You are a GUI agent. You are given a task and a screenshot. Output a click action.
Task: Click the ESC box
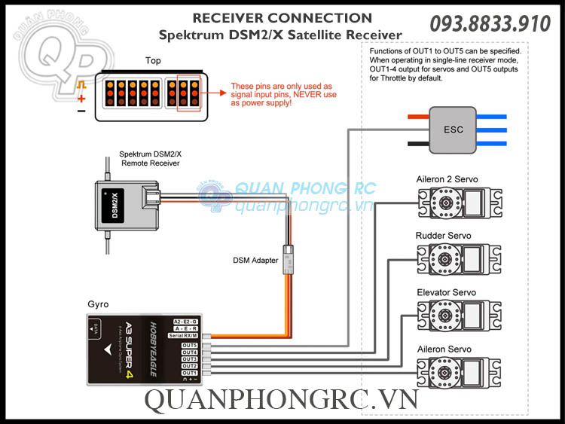(x=454, y=129)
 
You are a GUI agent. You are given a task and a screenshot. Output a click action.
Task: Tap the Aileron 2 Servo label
(x=447, y=179)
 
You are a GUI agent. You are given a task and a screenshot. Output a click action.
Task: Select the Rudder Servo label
(x=443, y=236)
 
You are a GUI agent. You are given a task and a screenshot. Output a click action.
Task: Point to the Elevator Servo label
(x=446, y=292)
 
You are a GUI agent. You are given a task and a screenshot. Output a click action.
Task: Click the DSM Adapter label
(x=255, y=261)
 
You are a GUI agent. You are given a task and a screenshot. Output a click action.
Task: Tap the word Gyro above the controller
(x=98, y=304)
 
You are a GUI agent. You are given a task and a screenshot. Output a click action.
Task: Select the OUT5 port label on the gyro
(x=189, y=345)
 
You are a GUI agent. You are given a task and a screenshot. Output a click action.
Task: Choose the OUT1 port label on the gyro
(x=189, y=373)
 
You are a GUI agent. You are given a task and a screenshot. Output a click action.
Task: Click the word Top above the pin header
(x=153, y=60)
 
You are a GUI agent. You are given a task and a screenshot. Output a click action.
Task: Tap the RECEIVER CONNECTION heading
(x=282, y=18)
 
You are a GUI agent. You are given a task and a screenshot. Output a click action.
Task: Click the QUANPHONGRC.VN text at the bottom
(x=281, y=401)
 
